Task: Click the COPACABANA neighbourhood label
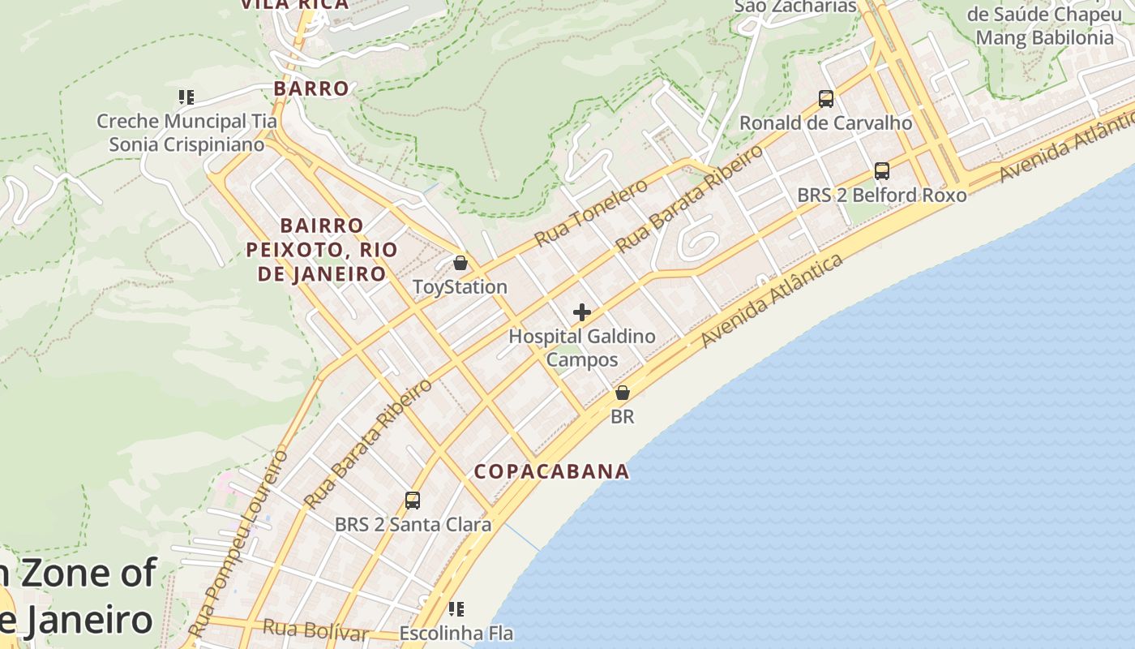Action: click(x=551, y=471)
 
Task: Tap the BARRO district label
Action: click(x=311, y=88)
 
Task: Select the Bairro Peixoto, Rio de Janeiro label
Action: click(x=322, y=249)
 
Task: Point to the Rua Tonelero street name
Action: click(x=591, y=212)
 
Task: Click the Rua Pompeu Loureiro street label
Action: click(x=238, y=544)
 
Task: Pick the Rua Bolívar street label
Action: click(x=315, y=630)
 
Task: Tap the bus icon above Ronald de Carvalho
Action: click(x=826, y=99)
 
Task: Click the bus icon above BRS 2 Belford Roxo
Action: click(x=882, y=171)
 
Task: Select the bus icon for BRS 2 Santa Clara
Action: click(x=413, y=501)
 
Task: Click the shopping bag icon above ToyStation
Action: click(x=460, y=263)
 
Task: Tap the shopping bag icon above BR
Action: click(x=622, y=393)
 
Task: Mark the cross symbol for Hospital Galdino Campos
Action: click(x=582, y=312)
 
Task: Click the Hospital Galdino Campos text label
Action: click(x=582, y=347)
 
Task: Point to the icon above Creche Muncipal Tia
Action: click(x=186, y=97)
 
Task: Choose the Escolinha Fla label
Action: click(x=456, y=634)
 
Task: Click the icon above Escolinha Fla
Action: click(x=456, y=608)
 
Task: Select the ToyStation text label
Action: click(x=460, y=287)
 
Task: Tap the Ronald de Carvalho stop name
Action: click(x=825, y=123)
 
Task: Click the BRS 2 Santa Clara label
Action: click(x=413, y=525)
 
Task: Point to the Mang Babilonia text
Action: click(x=1044, y=37)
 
